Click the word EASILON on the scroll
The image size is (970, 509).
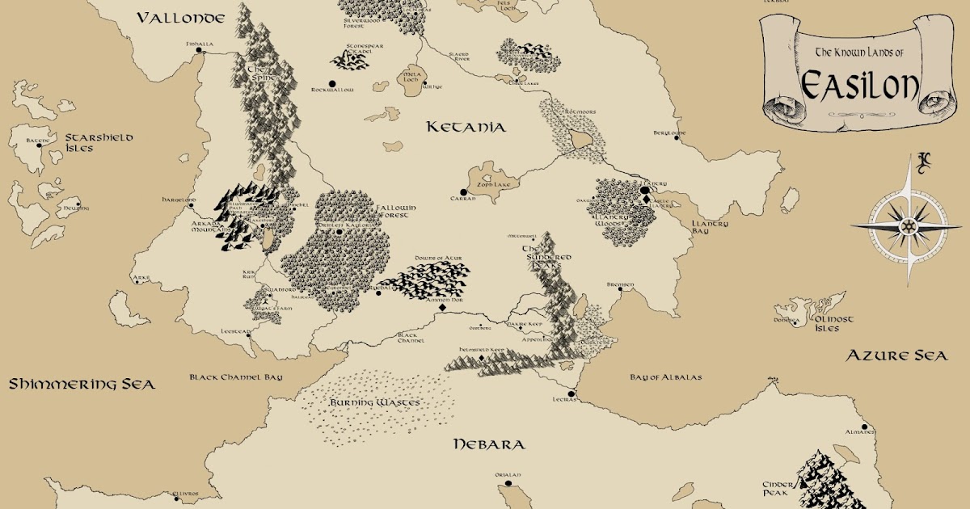pyautogui.click(x=860, y=82)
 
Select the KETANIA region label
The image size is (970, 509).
pyautogui.click(x=466, y=127)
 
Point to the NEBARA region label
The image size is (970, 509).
pyautogui.click(x=489, y=444)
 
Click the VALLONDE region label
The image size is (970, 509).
pyautogui.click(x=180, y=18)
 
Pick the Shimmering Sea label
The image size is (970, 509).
pyautogui.click(x=82, y=385)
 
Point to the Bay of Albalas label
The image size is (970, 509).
pyautogui.click(x=666, y=377)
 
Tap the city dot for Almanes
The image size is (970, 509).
pyautogui.click(x=865, y=426)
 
